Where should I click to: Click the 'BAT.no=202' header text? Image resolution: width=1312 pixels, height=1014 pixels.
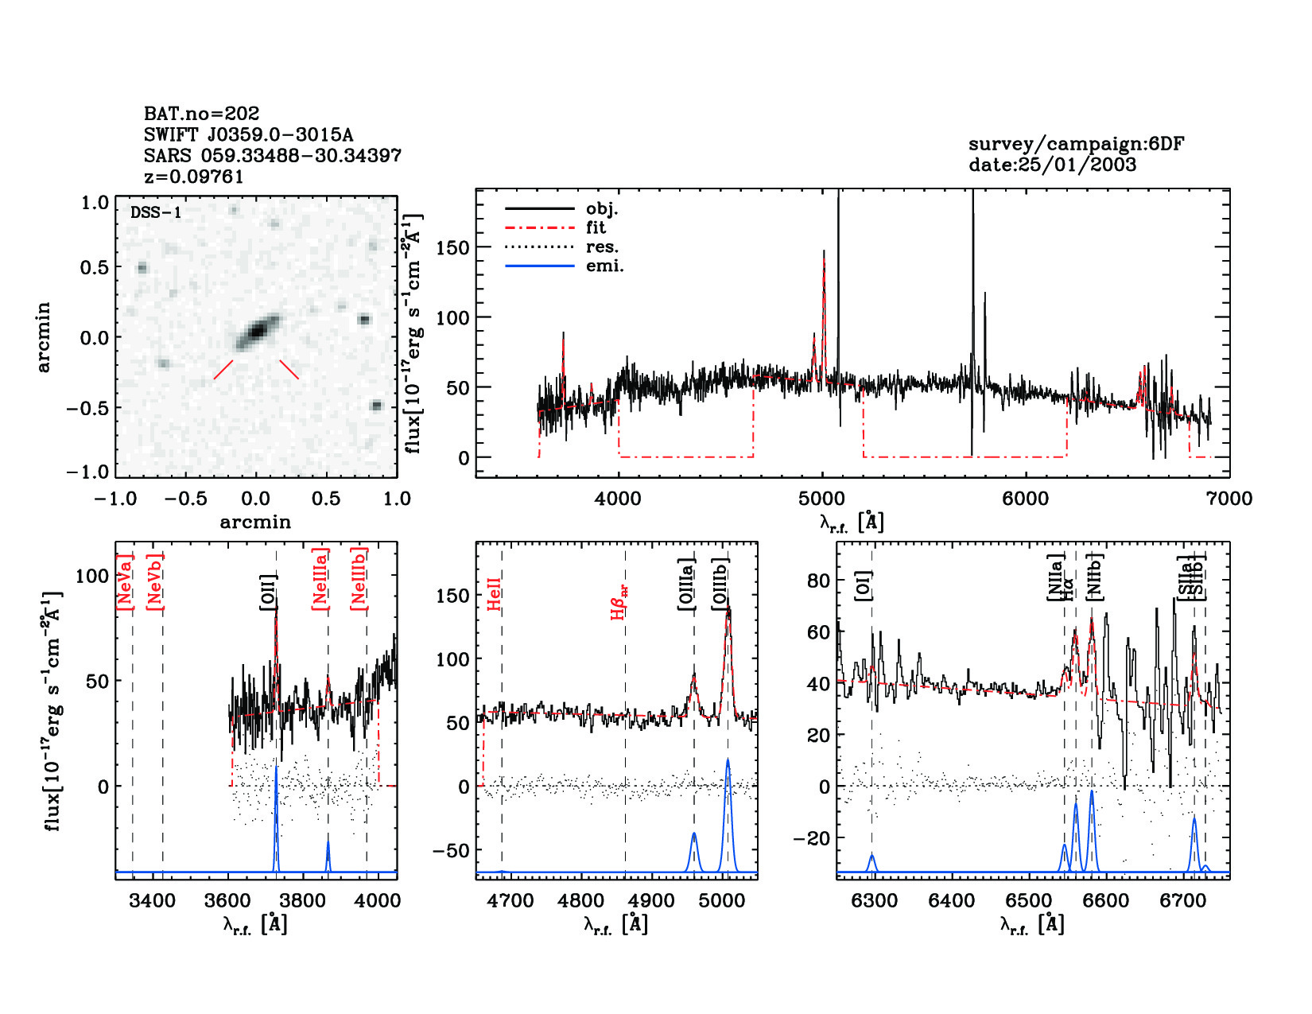tap(201, 114)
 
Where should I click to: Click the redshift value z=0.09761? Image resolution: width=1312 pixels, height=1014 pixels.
tap(193, 177)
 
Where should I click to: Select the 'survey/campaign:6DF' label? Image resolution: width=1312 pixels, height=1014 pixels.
tap(1076, 144)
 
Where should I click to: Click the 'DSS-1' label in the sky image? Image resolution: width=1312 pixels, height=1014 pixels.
tap(156, 212)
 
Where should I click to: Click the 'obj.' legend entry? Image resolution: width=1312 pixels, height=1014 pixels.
tap(601, 209)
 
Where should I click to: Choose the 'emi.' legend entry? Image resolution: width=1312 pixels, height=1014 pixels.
tap(604, 266)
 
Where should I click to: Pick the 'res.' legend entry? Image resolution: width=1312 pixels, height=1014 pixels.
tap(602, 247)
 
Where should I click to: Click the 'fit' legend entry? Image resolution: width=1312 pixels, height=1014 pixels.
tap(596, 228)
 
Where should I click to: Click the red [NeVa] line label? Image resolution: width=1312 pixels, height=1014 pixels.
tap(124, 583)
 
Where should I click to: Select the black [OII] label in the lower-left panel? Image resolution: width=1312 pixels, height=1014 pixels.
tap(268, 592)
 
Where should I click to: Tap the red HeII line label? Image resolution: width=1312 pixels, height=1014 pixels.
tap(494, 594)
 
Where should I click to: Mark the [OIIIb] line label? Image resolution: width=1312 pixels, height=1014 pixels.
tap(720, 585)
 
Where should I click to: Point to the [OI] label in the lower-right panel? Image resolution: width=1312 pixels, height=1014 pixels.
tap(864, 585)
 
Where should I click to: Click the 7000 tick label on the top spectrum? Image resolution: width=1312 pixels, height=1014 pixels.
tap(1229, 499)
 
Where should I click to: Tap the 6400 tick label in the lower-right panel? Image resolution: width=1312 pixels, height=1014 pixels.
tap(951, 901)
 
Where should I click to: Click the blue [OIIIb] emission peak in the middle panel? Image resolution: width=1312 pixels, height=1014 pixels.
tap(728, 761)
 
